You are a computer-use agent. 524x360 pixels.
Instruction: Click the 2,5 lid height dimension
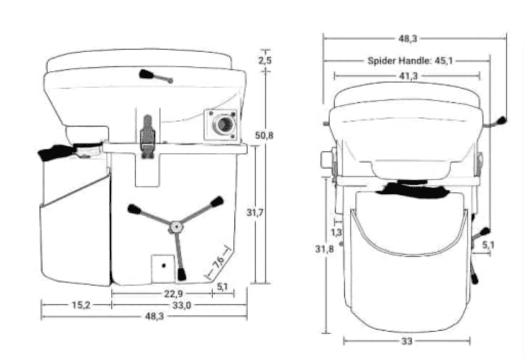click(265, 61)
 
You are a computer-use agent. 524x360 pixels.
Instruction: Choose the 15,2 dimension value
click(80, 305)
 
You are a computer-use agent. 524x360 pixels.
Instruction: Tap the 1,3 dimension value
click(337, 232)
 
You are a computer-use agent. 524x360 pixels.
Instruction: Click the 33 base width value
click(407, 341)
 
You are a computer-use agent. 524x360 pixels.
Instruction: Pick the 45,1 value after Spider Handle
click(444, 61)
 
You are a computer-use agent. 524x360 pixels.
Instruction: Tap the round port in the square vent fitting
click(223, 124)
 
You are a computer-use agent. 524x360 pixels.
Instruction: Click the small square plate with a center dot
click(163, 266)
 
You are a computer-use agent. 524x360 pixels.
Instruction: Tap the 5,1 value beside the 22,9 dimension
click(223, 287)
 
